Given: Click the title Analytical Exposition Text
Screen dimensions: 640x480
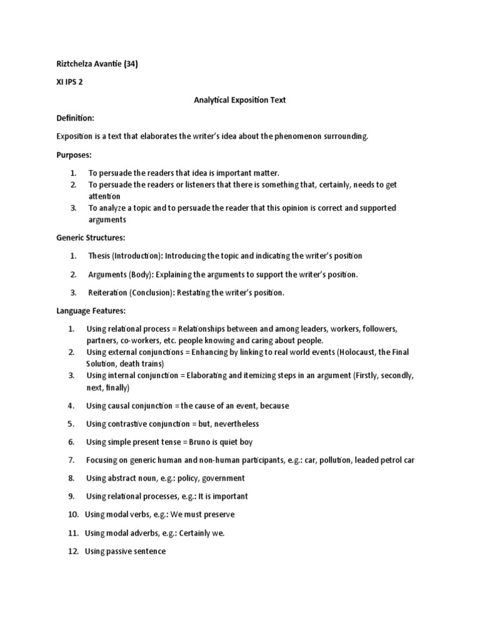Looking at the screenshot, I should pyautogui.click(x=239, y=100).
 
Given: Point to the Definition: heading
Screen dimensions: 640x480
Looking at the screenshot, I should pyautogui.click(x=76, y=118).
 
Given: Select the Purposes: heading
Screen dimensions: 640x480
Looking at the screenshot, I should pyautogui.click(x=74, y=154).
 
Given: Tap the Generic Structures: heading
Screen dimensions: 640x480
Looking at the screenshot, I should pyautogui.click(x=91, y=237).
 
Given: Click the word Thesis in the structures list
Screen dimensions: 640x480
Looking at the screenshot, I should pyautogui.click(x=99, y=256).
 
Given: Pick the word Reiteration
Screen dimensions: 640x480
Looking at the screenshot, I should pyautogui.click(x=108, y=292).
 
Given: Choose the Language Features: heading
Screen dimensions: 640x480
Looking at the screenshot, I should pyautogui.click(x=91, y=311).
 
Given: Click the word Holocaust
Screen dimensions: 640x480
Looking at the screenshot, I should pyautogui.click(x=358, y=352).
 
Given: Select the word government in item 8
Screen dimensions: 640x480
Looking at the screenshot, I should pyautogui.click(x=224, y=478).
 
